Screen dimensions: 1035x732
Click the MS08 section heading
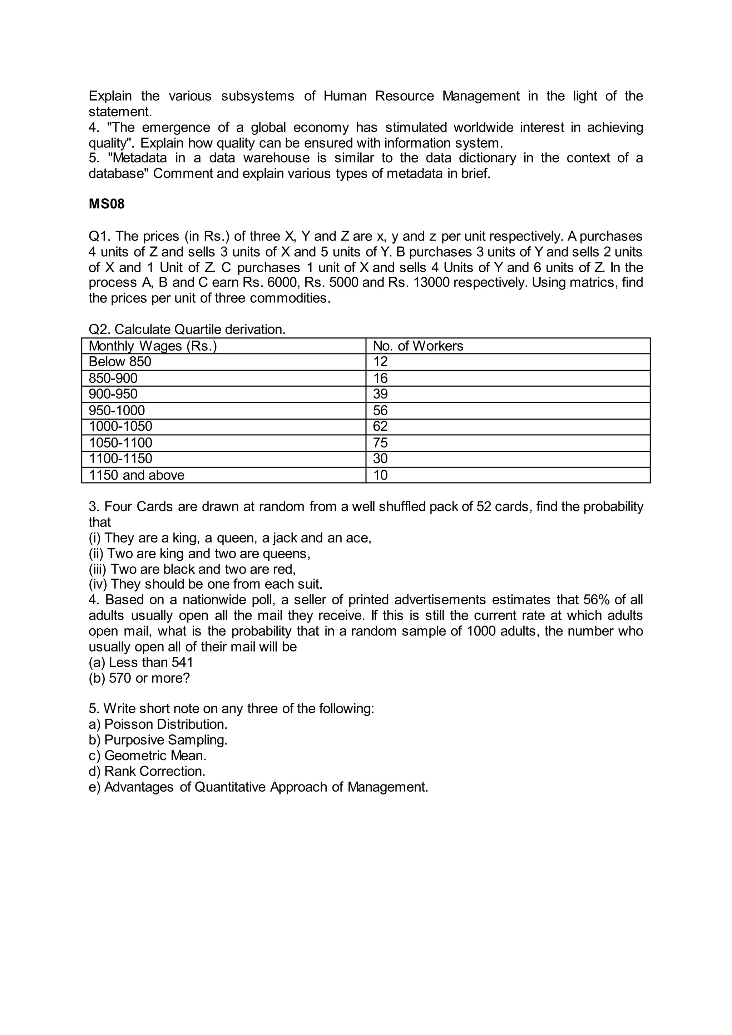coord(107,204)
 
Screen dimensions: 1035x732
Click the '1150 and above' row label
coord(137,475)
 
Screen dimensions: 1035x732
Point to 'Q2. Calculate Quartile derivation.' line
coord(187,330)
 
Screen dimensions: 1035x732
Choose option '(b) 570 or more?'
coord(139,678)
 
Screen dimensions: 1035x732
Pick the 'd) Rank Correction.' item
coord(147,771)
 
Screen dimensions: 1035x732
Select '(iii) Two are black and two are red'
coord(192,569)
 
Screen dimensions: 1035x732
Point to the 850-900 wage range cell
coord(113,378)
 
